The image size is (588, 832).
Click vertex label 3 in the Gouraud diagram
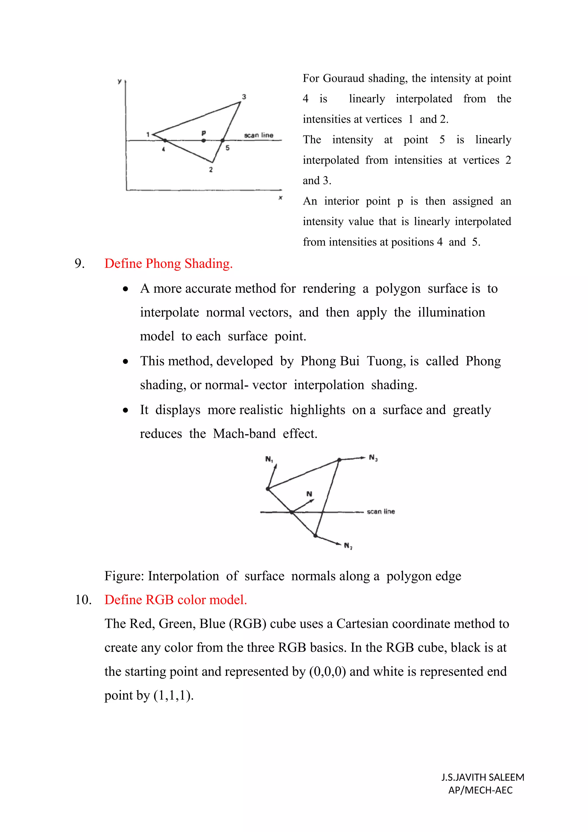click(244, 97)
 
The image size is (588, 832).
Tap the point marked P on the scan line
click(204, 140)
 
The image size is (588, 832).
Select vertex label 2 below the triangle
click(211, 170)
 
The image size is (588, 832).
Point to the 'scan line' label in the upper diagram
click(258, 135)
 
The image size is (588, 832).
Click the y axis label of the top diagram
click(119, 82)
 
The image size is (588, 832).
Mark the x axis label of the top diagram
click(280, 198)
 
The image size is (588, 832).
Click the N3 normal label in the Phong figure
click(373, 458)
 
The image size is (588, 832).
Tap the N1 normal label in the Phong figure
click(269, 459)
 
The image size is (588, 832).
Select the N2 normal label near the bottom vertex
click(348, 545)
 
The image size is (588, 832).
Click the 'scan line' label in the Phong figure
click(380, 511)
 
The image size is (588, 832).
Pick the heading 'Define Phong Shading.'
click(168, 263)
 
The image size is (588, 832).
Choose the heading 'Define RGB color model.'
click(176, 600)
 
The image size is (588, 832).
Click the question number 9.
click(79, 263)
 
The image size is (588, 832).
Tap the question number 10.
click(83, 600)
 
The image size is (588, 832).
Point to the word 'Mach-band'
click(244, 434)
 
